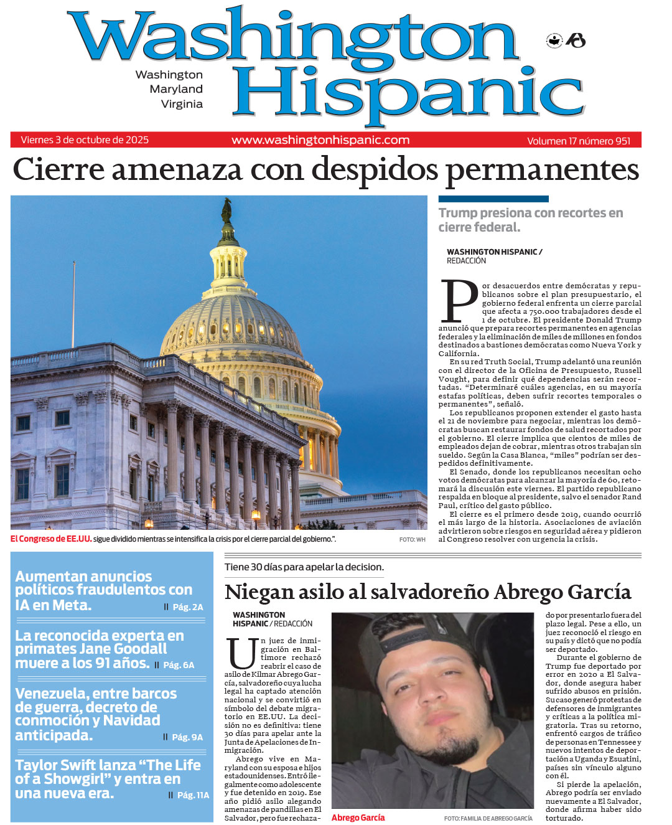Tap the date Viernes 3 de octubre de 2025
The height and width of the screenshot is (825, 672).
click(x=85, y=140)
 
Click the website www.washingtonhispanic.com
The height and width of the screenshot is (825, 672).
click(x=320, y=140)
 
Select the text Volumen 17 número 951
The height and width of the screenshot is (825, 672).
click(x=579, y=141)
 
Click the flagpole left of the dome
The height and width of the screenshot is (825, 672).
click(x=74, y=299)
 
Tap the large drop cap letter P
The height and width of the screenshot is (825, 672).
click(x=459, y=301)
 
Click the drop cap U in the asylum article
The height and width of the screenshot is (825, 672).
click(x=241, y=653)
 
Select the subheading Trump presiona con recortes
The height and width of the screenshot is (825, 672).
click(x=530, y=214)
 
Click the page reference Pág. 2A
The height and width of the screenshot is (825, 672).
click(x=187, y=607)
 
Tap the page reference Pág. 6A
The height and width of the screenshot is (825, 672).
click(x=179, y=665)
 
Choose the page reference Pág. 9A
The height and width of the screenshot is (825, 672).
click(x=187, y=737)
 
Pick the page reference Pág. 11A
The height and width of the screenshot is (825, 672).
click(x=193, y=795)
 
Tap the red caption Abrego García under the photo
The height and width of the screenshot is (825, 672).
click(x=358, y=818)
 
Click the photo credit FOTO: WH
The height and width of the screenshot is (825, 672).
click(x=412, y=540)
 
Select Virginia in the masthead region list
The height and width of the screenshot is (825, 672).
click(x=182, y=104)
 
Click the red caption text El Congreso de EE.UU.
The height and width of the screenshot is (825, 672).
click(x=51, y=539)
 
